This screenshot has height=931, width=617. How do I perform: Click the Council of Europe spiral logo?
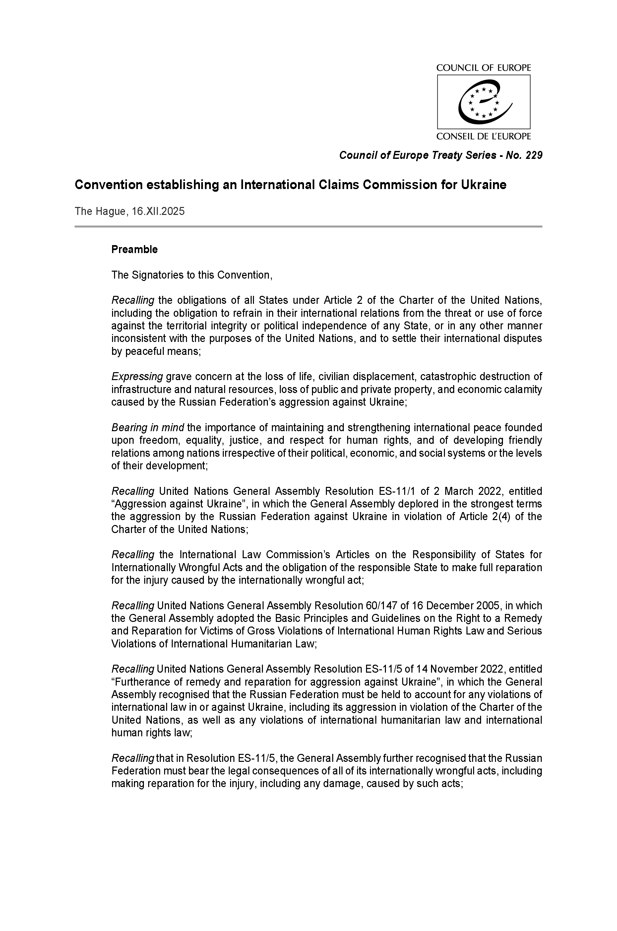pos(484,102)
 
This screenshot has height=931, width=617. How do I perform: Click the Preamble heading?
pos(134,249)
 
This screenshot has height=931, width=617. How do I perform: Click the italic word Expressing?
pos(137,377)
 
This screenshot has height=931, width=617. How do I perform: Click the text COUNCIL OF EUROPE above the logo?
pos(484,68)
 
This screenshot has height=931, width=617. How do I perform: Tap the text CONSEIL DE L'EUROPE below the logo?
pos(484,137)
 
